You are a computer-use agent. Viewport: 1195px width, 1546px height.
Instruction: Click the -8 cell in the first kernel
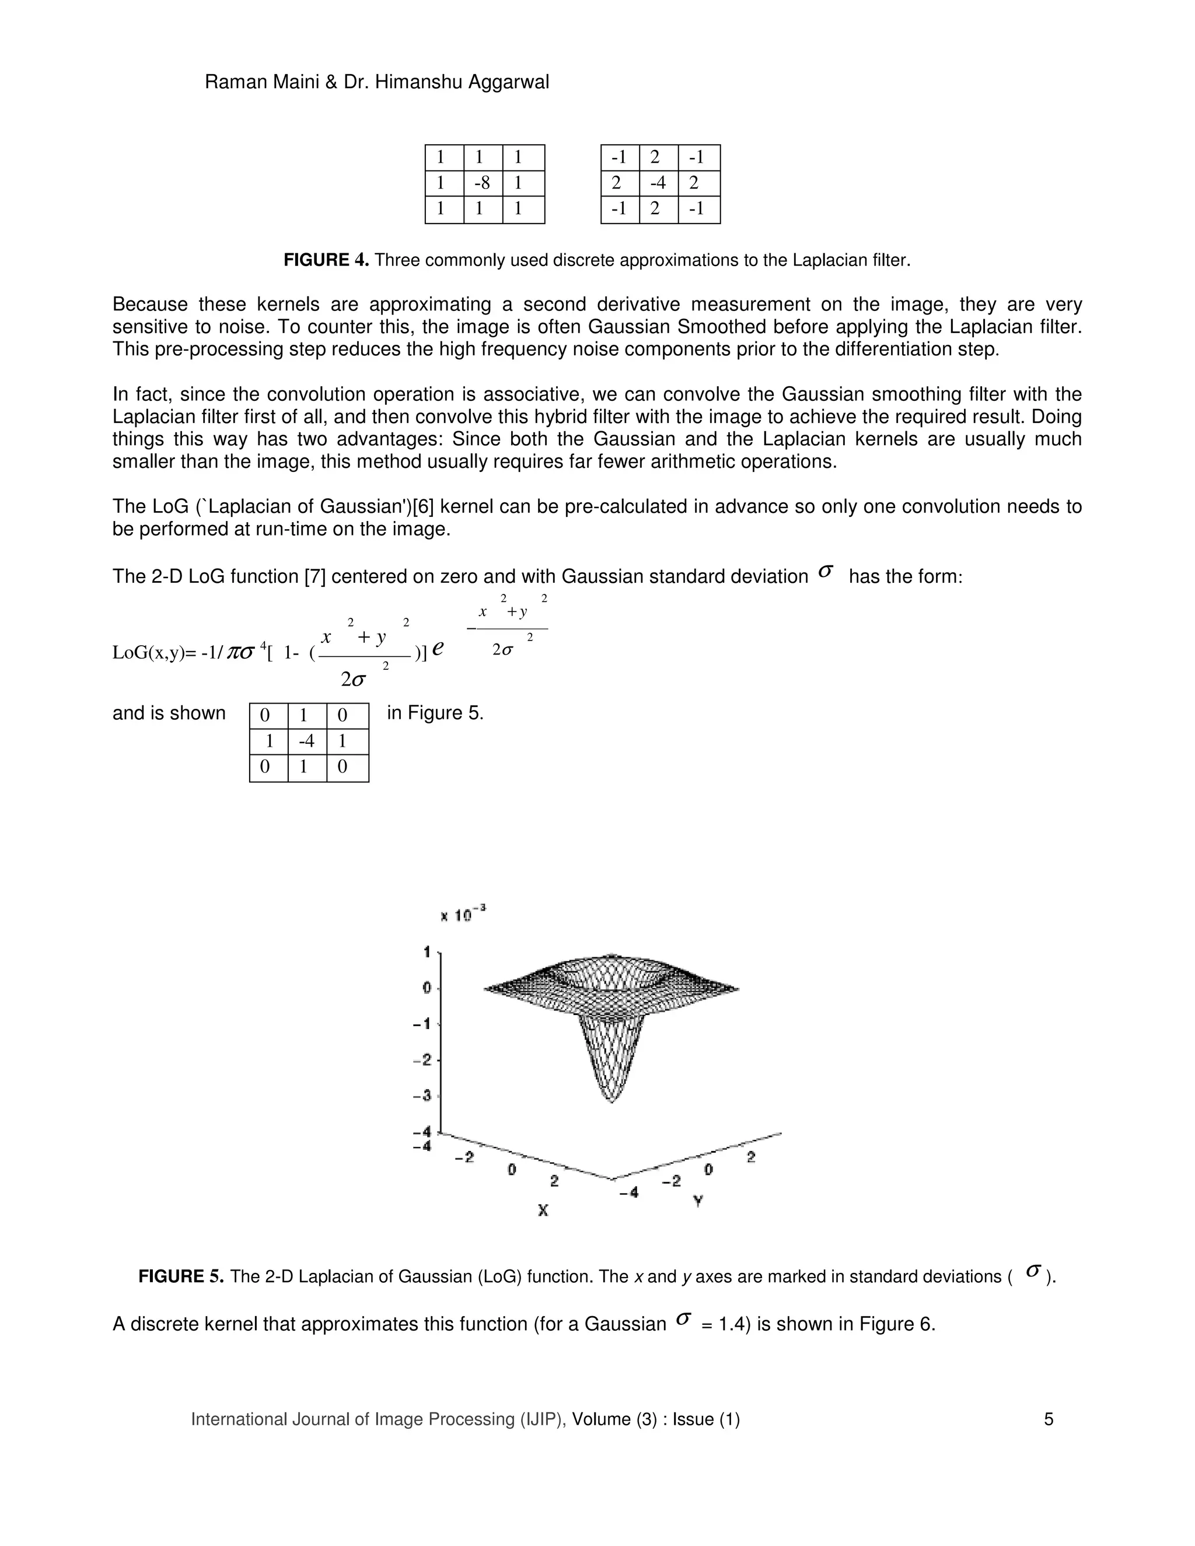coord(482,183)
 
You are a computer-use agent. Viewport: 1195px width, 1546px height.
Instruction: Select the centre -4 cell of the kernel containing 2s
coord(658,183)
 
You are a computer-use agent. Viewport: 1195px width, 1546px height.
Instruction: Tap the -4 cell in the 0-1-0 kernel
coord(306,742)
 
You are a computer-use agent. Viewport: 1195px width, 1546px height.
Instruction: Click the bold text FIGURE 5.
coord(181,1276)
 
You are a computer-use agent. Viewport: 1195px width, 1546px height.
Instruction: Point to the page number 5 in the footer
coord(1049,1433)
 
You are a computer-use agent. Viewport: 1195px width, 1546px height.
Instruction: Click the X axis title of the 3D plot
coord(543,1210)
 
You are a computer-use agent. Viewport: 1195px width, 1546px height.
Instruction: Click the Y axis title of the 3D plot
coord(698,1201)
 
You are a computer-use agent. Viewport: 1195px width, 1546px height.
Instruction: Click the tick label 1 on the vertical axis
coord(427,952)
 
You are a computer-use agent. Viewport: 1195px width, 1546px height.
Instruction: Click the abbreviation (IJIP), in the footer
coord(543,1433)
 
